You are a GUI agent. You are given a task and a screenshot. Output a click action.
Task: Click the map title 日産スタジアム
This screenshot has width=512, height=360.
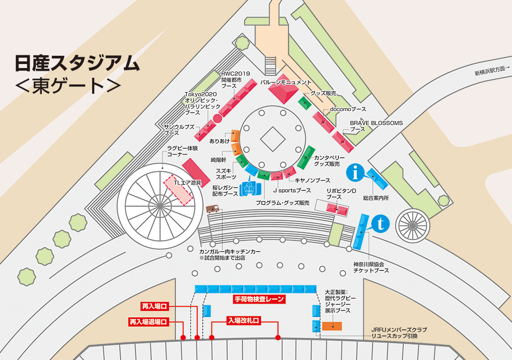click(x=77, y=63)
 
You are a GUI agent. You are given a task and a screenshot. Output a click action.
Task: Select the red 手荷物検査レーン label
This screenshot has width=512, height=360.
click(x=255, y=299)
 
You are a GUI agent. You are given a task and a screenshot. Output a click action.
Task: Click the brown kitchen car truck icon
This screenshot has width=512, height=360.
click(x=212, y=209)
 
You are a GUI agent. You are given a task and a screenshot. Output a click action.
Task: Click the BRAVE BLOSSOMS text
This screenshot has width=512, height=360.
click(x=376, y=123)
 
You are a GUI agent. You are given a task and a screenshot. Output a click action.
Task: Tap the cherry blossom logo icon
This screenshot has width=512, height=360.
click(x=250, y=187)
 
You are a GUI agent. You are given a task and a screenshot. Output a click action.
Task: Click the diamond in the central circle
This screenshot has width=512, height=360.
click(x=272, y=138)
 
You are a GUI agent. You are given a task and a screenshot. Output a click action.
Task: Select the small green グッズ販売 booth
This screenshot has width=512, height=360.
click(x=305, y=102)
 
